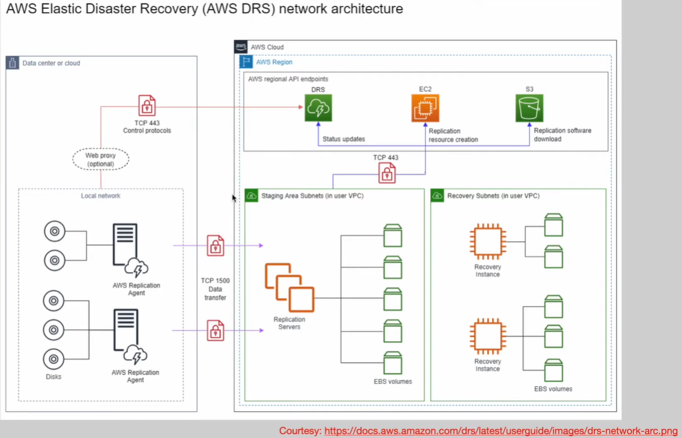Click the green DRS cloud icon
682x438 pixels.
318,108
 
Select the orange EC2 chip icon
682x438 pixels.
425,108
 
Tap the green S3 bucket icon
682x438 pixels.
529,108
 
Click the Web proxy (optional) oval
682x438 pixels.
101,159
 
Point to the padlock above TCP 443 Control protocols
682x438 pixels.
147,106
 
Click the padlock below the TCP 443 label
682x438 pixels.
386,173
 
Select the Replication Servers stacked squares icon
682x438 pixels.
289,287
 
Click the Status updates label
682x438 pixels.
344,139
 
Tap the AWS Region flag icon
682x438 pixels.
246,62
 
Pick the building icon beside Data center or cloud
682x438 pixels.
13,63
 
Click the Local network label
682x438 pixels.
101,196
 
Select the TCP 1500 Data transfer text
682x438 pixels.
216,289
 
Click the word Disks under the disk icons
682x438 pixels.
53,377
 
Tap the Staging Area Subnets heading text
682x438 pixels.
312,196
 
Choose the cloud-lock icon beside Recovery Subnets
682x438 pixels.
437,196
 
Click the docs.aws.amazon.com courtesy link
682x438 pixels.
501,430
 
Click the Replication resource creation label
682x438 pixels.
453,135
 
